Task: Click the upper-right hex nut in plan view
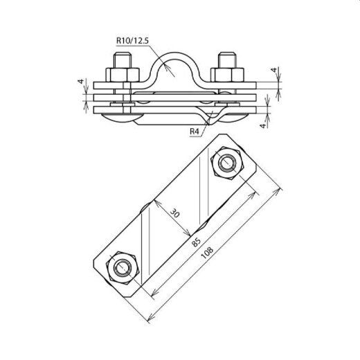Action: coord(226,164)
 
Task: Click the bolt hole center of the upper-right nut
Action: coord(226,164)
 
